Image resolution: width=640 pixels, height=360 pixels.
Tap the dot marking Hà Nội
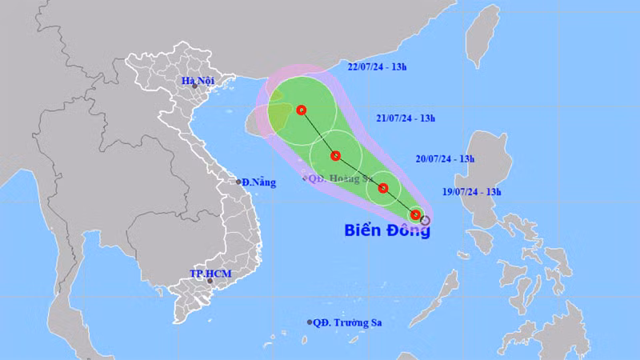(194, 86)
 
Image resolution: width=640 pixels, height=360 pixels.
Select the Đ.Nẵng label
(259, 182)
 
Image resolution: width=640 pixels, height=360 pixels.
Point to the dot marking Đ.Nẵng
(238, 182)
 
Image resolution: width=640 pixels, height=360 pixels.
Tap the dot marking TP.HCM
(210, 281)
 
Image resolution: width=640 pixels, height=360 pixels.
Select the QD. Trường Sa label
(348, 322)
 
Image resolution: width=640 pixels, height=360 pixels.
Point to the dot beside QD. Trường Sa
(310, 322)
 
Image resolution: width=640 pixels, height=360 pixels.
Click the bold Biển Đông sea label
(387, 230)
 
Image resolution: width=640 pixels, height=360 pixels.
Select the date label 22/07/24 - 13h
(388, 66)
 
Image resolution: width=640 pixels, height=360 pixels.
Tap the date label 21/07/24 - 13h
(407, 118)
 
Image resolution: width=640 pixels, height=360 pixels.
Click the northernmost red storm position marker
(302, 110)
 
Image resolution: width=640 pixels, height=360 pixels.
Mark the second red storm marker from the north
(336, 156)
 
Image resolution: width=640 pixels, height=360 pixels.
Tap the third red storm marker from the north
(384, 189)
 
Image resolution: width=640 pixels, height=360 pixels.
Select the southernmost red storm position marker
(415, 214)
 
